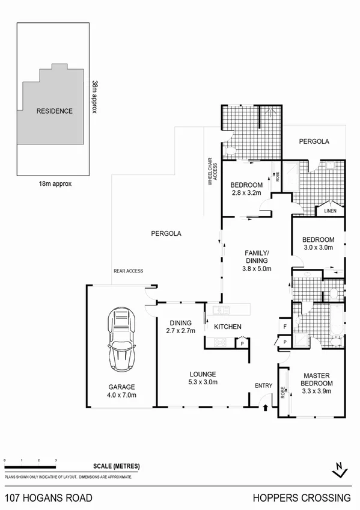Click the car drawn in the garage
click(x=121, y=340)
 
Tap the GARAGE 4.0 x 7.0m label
click(x=122, y=391)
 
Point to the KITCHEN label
click(x=228, y=327)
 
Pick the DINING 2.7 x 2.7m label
click(x=180, y=326)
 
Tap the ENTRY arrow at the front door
click(x=265, y=408)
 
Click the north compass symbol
click(x=340, y=467)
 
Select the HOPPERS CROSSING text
click(x=301, y=497)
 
